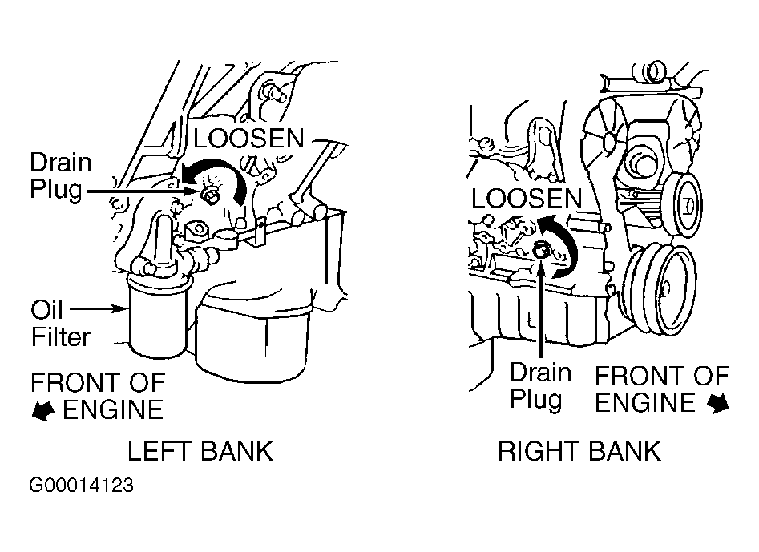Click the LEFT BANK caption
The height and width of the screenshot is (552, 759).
tap(200, 452)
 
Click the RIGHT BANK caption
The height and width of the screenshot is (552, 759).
tap(579, 452)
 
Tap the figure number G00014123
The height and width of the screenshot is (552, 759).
tap(82, 486)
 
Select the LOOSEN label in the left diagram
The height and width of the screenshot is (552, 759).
tap(248, 139)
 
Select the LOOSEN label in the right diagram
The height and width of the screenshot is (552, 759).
tap(526, 199)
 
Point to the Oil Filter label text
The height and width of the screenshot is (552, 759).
tap(60, 322)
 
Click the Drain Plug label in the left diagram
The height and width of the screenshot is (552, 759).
tap(61, 176)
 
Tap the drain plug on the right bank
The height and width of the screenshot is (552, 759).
tap(542, 250)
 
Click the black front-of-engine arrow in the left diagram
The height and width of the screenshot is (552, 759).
tap(43, 409)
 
